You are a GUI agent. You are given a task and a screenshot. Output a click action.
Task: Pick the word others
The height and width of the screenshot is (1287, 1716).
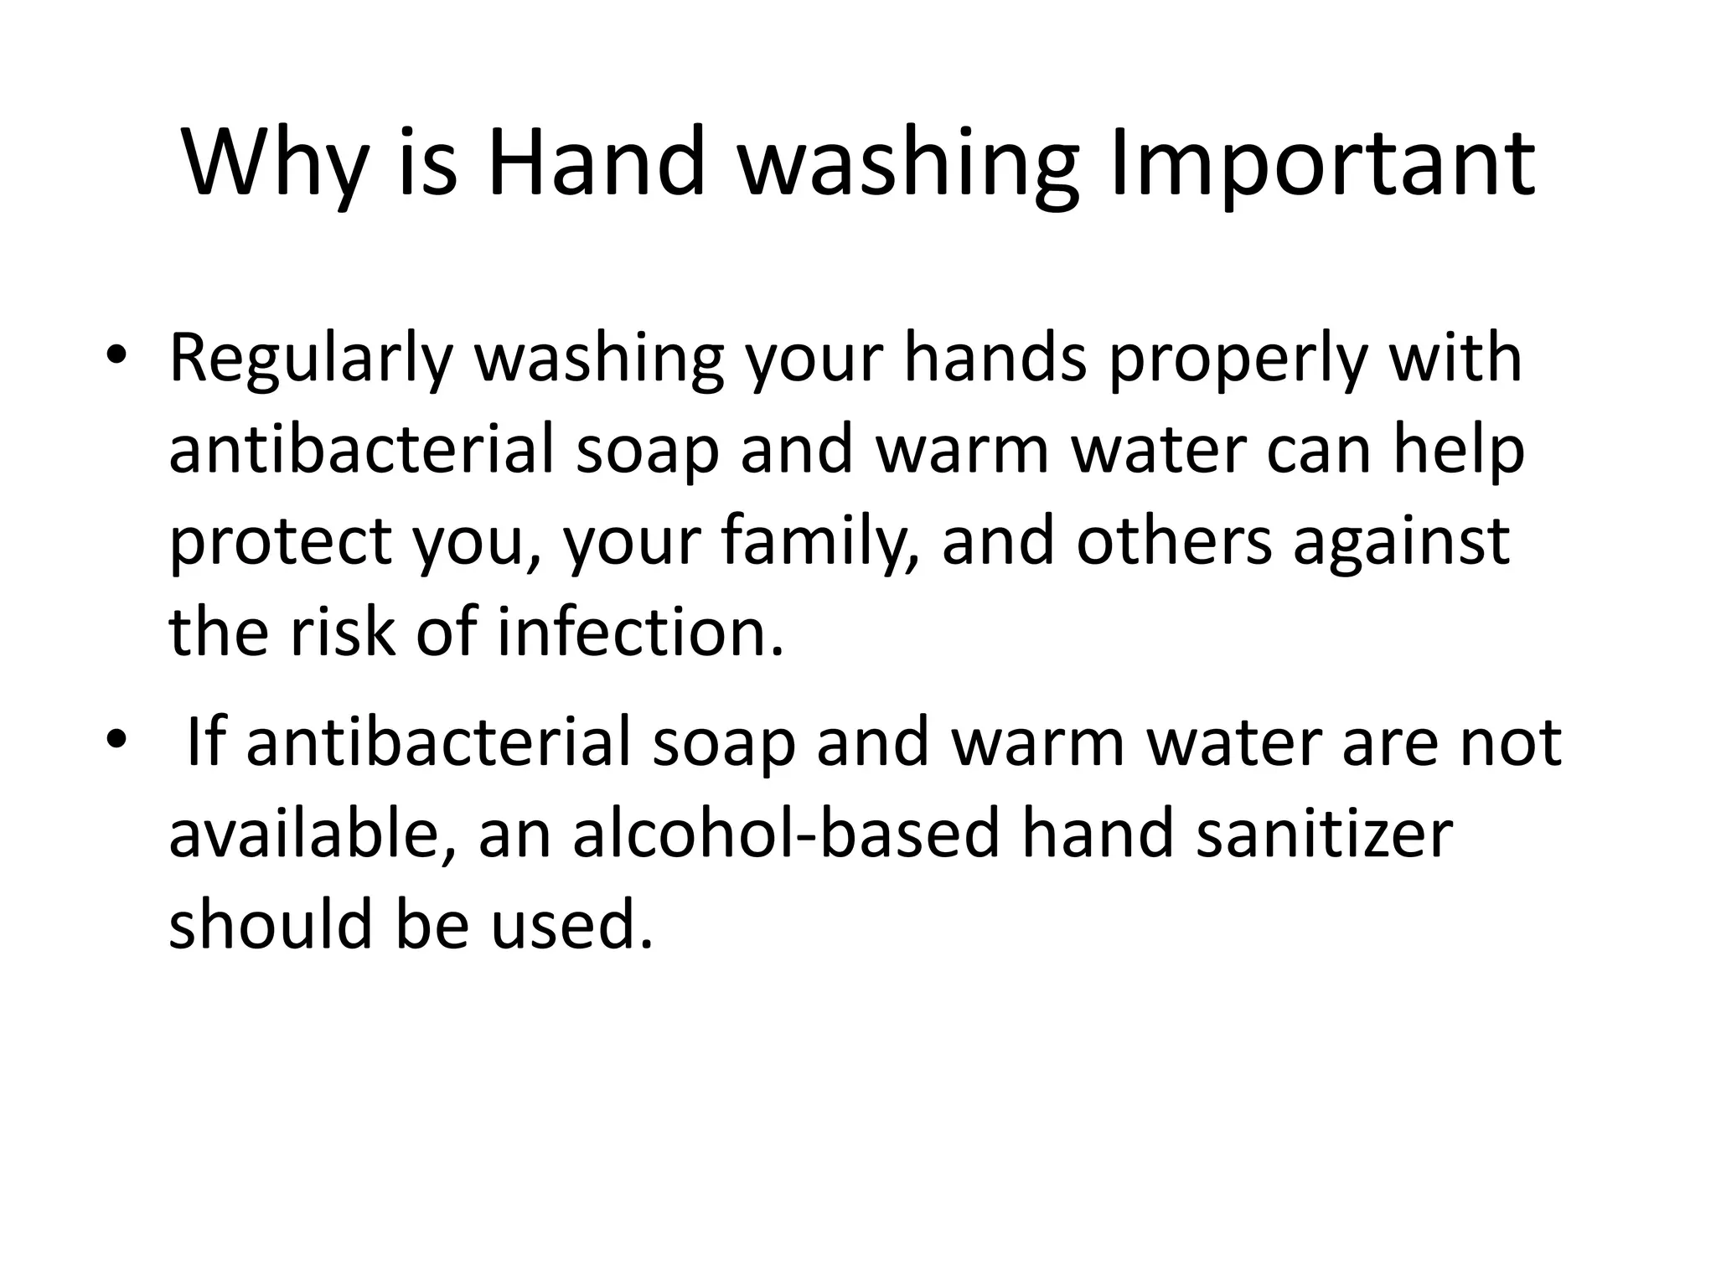pos(1173,540)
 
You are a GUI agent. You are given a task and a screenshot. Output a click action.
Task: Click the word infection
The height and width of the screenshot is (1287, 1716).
pos(641,632)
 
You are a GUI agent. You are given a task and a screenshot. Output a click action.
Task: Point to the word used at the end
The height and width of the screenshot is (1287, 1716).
pos(571,927)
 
